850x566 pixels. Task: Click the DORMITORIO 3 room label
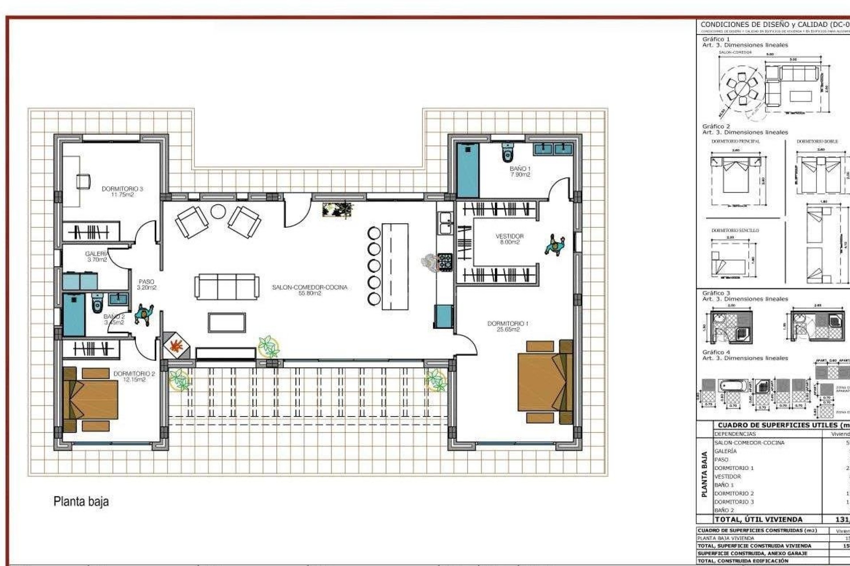click(x=122, y=191)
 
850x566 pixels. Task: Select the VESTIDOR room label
click(x=510, y=239)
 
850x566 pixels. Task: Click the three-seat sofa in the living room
click(x=227, y=287)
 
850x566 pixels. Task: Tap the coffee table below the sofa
click(x=227, y=322)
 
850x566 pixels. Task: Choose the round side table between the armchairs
click(x=218, y=212)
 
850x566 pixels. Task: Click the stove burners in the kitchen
click(x=445, y=262)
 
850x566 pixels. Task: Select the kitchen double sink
click(x=444, y=222)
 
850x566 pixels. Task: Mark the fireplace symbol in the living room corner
click(x=176, y=345)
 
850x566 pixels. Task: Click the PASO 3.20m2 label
click(x=147, y=284)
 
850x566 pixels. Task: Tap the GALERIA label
click(x=97, y=256)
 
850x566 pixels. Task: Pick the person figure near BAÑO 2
click(x=144, y=314)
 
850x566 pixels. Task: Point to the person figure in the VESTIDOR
click(x=555, y=245)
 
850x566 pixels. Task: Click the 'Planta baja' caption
click(x=81, y=501)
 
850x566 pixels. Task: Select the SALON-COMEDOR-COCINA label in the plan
click(x=309, y=290)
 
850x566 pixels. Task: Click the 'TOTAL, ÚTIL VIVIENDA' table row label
click(x=758, y=519)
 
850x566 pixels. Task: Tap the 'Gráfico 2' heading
click(x=716, y=126)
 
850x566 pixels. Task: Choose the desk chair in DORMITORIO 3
click(x=83, y=181)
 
